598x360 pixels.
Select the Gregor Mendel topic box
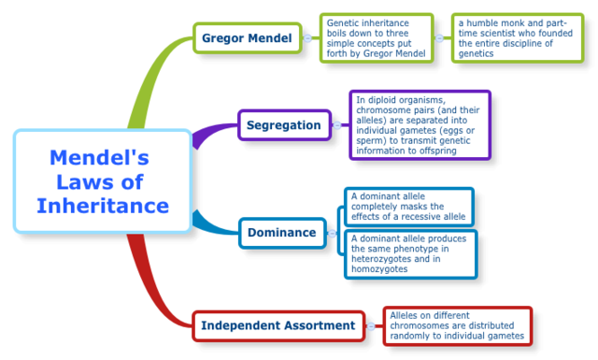[x=248, y=38]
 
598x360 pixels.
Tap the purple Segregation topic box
[x=284, y=124]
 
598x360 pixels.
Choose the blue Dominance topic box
[x=282, y=232]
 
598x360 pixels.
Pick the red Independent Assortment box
[x=278, y=325]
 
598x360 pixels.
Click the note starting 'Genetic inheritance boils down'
[x=377, y=38]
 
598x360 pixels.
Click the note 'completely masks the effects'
[x=409, y=207]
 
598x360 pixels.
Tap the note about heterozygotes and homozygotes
[x=409, y=253]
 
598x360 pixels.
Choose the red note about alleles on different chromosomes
[x=457, y=325]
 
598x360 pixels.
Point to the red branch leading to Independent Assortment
[x=154, y=290]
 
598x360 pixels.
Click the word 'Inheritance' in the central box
[x=103, y=205]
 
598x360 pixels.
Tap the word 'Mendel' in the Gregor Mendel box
[x=272, y=38]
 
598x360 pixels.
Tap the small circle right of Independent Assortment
[x=372, y=325]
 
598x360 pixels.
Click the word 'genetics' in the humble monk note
[x=475, y=53]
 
